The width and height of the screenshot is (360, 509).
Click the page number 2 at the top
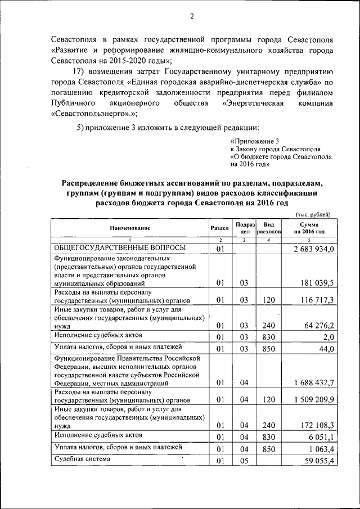point(191,16)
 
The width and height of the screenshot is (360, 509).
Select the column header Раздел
point(219,228)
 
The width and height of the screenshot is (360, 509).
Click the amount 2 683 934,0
point(314,249)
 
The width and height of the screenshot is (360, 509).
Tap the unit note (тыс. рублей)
point(314,214)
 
